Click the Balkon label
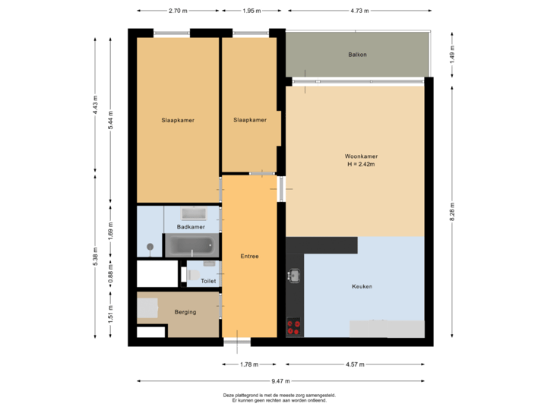(x=358, y=55)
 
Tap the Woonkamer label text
(x=361, y=156)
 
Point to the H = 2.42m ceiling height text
(x=361, y=165)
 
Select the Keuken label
(x=362, y=286)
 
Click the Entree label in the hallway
(x=249, y=257)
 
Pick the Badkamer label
(x=191, y=227)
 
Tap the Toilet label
(x=208, y=281)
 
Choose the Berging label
(x=185, y=312)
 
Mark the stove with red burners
(x=293, y=327)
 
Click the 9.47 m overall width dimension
(x=281, y=381)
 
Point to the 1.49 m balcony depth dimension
(x=452, y=55)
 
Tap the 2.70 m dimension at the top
(x=179, y=11)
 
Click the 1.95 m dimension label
(x=251, y=11)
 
